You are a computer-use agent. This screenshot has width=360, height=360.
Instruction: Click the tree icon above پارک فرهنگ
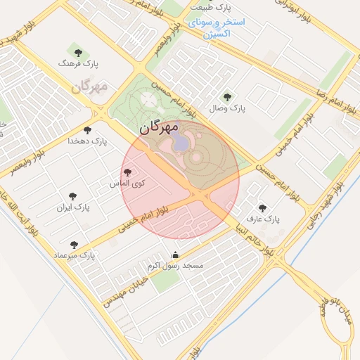[x=77, y=52]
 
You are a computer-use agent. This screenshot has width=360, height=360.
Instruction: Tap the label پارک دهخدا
[x=88, y=141]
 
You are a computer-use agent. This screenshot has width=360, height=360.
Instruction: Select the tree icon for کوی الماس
[x=127, y=172]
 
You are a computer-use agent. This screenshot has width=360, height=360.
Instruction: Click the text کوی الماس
[x=127, y=184]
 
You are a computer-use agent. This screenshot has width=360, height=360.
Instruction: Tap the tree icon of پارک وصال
[x=226, y=97]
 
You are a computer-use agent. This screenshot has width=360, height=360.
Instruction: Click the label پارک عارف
[x=263, y=219]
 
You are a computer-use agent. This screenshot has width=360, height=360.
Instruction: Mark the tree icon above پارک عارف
[x=262, y=208]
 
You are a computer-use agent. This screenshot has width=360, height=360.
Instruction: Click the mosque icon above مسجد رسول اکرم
[x=175, y=255]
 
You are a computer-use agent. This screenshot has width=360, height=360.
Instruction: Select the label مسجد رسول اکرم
[x=175, y=266]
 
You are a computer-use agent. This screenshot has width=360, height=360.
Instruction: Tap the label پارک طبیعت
[x=214, y=8]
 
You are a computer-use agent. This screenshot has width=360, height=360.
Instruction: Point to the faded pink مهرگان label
[x=89, y=88]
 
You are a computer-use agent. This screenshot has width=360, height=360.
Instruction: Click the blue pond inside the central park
[x=181, y=143]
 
